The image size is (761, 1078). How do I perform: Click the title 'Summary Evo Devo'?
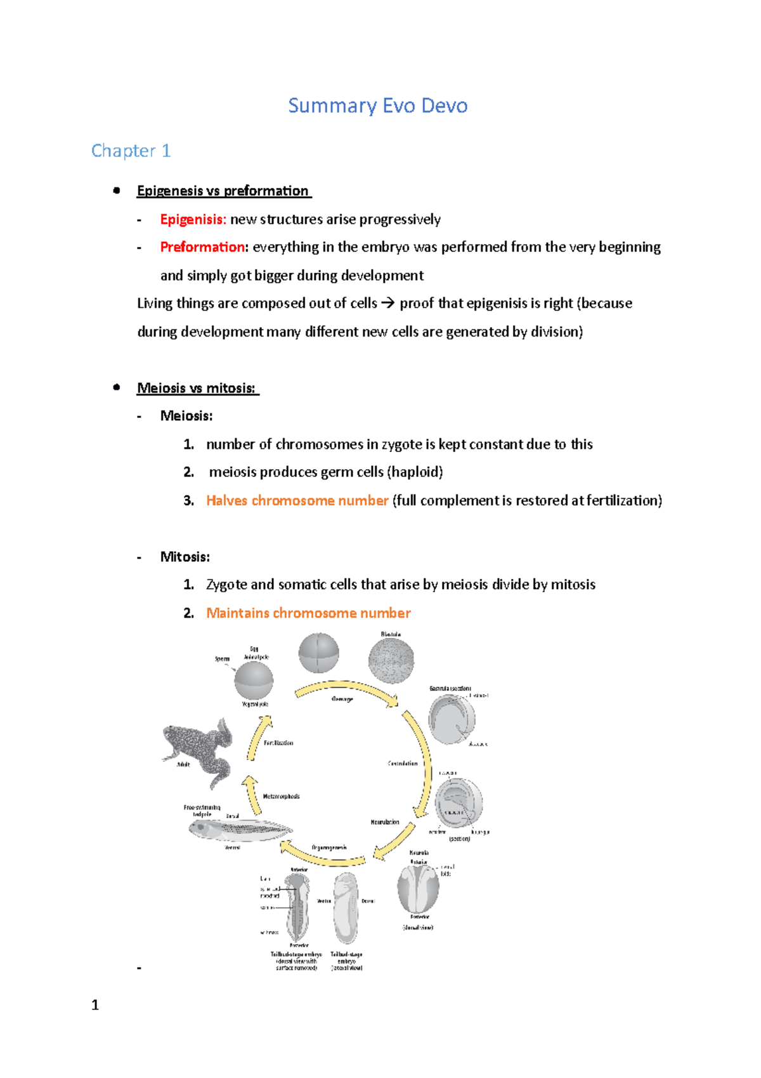coord(377,105)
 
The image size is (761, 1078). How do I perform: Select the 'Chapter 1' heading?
coord(131,150)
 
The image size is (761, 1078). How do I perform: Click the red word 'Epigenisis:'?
coord(193,220)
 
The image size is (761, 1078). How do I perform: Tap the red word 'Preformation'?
coord(202,247)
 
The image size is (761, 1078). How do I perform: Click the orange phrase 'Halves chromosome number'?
coord(297,500)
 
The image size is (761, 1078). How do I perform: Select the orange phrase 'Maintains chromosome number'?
coord(308,613)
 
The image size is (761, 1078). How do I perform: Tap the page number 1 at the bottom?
coord(95,1005)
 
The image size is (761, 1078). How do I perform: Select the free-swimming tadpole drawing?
coord(240,829)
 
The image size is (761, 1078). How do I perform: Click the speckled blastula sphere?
coord(391,661)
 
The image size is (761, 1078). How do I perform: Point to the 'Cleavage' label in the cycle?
coord(342,699)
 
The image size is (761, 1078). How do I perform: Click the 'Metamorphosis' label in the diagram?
coord(281,796)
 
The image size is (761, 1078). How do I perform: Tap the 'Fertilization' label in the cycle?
coord(278,743)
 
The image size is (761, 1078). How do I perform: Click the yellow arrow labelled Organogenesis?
coord(322,856)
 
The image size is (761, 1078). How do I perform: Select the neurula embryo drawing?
coord(418,888)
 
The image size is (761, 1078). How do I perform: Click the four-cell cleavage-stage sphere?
coord(318,653)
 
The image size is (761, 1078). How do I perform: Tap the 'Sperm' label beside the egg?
coord(222,659)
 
